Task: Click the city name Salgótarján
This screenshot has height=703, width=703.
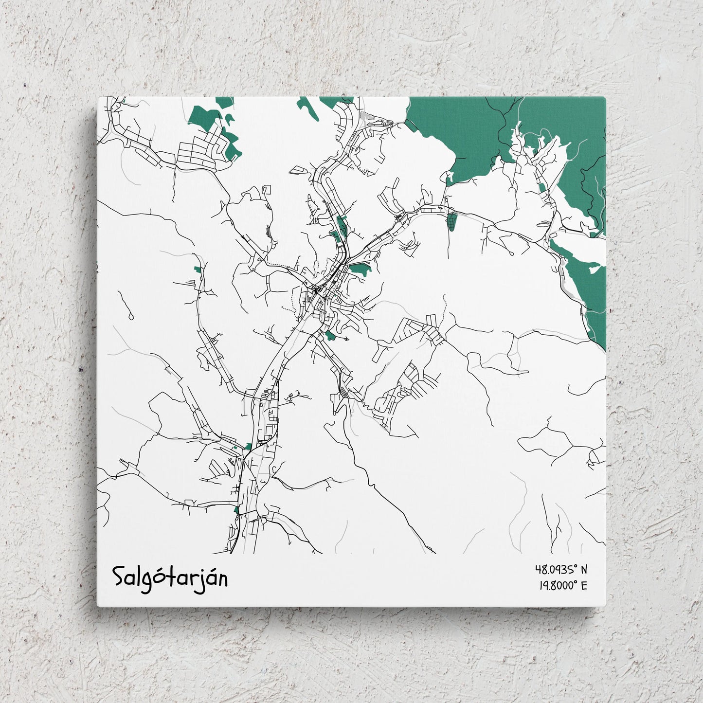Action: coord(170,577)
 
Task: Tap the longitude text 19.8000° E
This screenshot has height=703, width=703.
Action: coord(562,585)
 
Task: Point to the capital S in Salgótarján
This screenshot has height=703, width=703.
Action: coord(119,577)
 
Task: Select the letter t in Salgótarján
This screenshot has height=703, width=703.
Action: coord(172,577)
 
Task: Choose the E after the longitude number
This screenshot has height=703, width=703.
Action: coord(584,585)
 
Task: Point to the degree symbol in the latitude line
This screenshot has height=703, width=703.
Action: coord(576,566)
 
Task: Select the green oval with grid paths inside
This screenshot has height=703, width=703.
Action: coord(452,221)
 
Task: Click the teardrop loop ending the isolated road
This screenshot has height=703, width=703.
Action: coord(131,317)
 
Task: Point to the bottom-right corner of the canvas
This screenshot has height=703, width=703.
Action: coord(606,606)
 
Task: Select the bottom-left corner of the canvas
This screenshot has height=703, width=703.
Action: coord(98,606)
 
